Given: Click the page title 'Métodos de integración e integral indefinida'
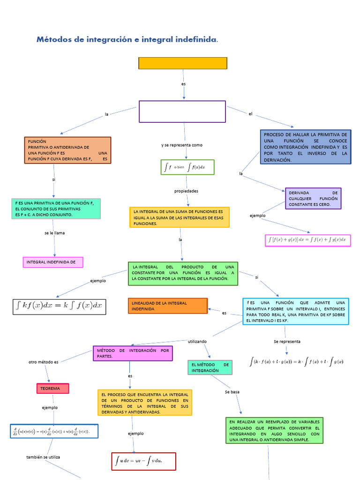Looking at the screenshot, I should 127,40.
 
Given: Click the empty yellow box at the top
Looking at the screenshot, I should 182,63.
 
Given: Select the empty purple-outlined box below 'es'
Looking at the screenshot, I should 182,112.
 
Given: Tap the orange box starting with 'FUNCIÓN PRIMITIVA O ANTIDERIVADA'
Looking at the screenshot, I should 67,150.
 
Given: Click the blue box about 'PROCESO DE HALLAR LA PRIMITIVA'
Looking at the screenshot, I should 305,147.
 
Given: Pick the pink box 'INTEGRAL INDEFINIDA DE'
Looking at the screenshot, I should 52,262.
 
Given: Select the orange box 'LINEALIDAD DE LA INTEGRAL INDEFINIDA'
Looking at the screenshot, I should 167,306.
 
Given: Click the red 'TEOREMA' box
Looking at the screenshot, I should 52,389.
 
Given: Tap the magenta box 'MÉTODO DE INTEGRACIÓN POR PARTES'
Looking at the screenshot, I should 133,353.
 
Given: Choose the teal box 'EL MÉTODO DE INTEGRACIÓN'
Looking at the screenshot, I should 210,367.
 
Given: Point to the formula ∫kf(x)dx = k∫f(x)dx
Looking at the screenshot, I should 59,307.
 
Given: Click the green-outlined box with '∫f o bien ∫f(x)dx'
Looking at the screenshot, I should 187,167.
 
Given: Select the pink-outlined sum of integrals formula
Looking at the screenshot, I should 307,240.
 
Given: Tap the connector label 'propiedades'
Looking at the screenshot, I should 186,191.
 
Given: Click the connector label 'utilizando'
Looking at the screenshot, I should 197,342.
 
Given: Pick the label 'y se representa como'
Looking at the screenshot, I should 182,145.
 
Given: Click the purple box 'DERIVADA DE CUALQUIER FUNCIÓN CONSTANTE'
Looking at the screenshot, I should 313,198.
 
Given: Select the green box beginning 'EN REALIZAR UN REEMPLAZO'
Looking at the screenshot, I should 274,430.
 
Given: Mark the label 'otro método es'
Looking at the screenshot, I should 43,362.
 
